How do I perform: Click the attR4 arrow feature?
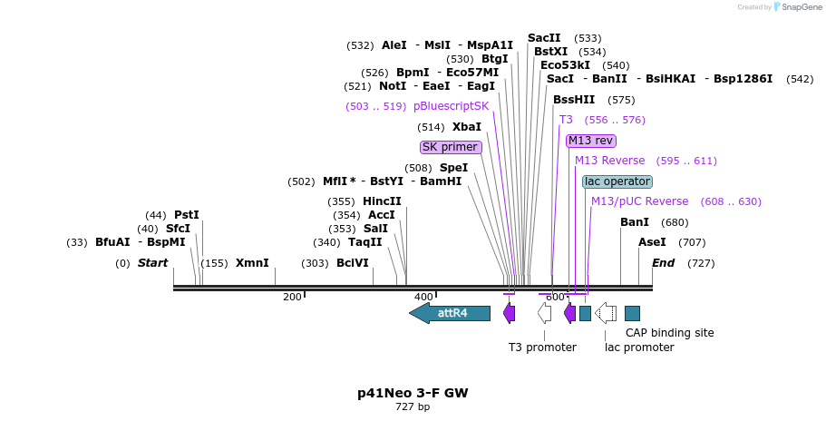[450, 313]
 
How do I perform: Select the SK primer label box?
[451, 147]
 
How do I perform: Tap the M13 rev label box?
[590, 141]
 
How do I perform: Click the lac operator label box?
[617, 181]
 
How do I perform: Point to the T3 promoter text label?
[542, 348]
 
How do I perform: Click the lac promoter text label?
[639, 348]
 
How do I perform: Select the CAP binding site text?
[669, 333]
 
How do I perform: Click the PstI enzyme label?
[187, 215]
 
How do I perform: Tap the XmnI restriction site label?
[252, 263]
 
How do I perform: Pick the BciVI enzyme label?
[353, 263]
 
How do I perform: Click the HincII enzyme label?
[382, 201]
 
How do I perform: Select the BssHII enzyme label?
[574, 100]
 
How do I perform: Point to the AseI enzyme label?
[652, 242]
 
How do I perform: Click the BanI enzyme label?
[635, 222]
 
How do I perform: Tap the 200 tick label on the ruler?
[292, 298]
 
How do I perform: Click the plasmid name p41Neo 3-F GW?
[413, 393]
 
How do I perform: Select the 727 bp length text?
[413, 406]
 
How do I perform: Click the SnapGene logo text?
[802, 7]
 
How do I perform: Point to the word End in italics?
[663, 263]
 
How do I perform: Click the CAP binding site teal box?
[632, 314]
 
